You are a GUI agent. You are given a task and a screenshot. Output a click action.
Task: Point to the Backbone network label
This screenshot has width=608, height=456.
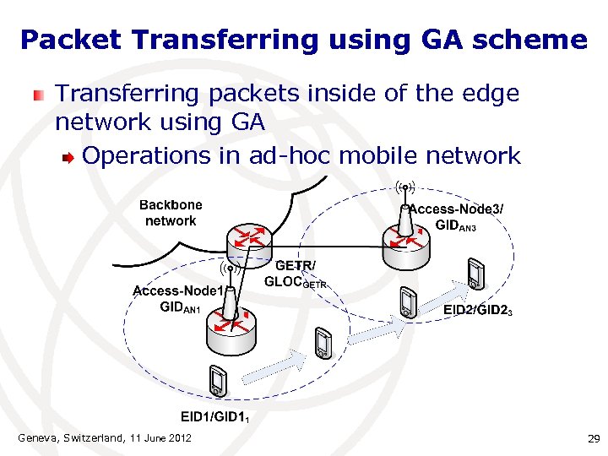coord(171,213)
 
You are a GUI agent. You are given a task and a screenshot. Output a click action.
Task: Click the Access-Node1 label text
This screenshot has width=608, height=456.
coord(177,291)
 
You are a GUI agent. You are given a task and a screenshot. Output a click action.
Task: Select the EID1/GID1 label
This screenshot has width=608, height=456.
coord(214,416)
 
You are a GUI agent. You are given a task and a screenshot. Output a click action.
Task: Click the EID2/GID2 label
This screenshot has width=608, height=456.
coord(478,311)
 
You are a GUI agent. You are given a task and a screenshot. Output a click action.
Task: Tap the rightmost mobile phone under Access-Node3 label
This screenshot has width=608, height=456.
coord(476,273)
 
